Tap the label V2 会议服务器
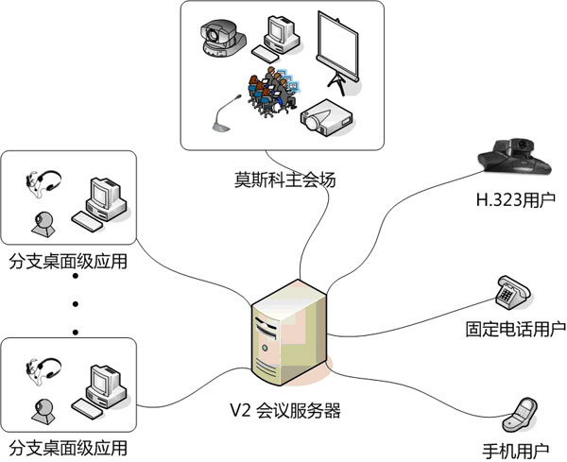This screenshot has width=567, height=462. [x=284, y=411]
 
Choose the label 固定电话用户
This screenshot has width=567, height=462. [x=516, y=329]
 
